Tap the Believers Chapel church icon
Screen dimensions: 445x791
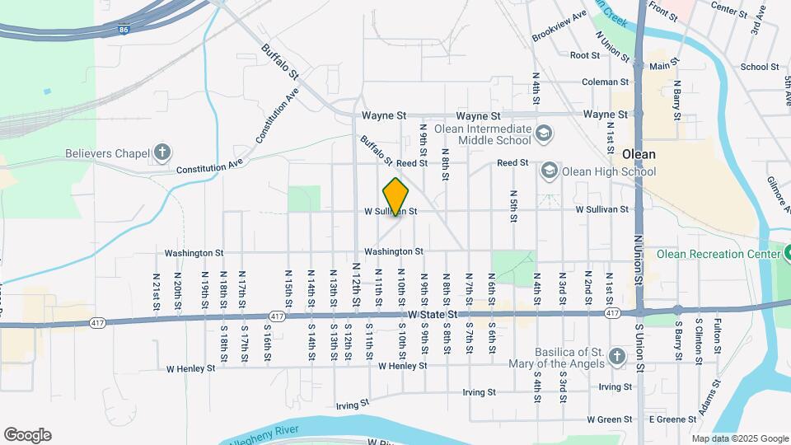[x=163, y=152]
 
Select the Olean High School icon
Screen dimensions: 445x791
[x=550, y=171]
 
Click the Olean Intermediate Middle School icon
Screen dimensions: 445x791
[x=544, y=133]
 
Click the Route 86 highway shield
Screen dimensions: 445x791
[x=124, y=30]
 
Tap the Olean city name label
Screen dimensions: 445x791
[x=639, y=154]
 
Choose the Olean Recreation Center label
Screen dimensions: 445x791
[x=715, y=254]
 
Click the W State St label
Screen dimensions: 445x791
[x=433, y=315]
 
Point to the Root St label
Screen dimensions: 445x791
[x=585, y=55]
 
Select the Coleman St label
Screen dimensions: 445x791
[x=605, y=82]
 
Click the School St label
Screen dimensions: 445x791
[x=759, y=68]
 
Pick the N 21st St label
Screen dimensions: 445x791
[x=156, y=292]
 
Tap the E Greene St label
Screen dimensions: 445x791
[x=672, y=419]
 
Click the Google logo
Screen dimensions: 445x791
[x=27, y=435]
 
